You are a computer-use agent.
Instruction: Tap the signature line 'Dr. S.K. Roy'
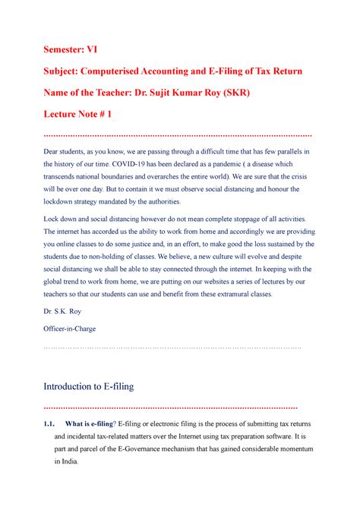click(x=66, y=311)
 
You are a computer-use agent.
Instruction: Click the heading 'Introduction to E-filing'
click(x=90, y=386)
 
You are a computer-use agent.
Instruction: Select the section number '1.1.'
click(x=51, y=423)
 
